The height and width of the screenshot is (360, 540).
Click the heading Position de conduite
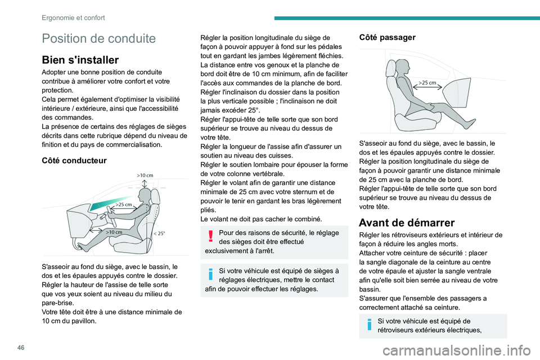(x=99, y=38)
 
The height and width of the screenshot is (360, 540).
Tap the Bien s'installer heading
(x=80, y=60)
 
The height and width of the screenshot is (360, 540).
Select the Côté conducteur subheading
(x=74, y=160)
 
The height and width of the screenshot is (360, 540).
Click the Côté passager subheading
(x=387, y=37)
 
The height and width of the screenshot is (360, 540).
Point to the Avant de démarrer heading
(x=407, y=223)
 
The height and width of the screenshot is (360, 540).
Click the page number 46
(x=21, y=348)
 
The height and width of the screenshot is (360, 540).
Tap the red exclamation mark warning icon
(x=211, y=236)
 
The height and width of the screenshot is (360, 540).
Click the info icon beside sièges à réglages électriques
(x=211, y=274)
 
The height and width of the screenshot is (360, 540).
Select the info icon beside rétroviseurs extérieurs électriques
(x=370, y=325)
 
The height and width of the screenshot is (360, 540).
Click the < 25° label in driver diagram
(x=159, y=233)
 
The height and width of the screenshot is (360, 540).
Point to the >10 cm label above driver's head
(x=145, y=175)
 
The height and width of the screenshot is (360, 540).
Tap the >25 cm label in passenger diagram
(x=427, y=83)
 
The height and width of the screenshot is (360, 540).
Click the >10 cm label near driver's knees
(x=114, y=232)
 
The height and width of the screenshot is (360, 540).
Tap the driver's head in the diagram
(x=143, y=197)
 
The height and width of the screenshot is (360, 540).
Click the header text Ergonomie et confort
(x=73, y=18)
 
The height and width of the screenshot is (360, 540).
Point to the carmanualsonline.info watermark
(x=457, y=351)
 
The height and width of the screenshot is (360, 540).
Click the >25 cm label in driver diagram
(x=124, y=204)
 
